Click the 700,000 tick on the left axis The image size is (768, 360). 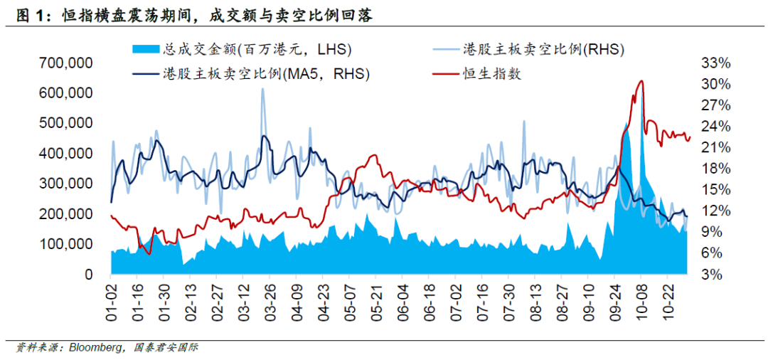(x=68, y=63)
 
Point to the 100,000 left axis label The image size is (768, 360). (x=68, y=244)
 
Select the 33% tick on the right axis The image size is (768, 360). (x=715, y=63)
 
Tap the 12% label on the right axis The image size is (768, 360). (x=715, y=211)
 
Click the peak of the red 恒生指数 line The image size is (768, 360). (x=641, y=81)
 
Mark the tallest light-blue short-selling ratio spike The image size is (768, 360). (x=263, y=90)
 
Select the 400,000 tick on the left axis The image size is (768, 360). (x=68, y=154)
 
